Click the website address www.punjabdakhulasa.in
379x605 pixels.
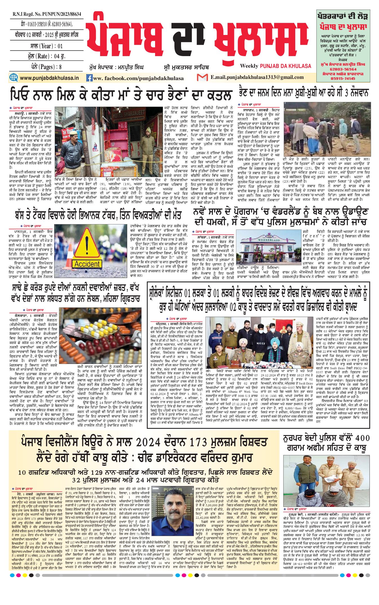pos(49,78)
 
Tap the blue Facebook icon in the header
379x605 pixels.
pos(89,78)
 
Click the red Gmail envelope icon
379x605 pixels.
pos(202,77)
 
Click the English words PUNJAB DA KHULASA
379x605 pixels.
pos(285,66)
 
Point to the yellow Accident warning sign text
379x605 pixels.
pos(87,264)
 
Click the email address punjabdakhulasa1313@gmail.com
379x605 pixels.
pos(257,77)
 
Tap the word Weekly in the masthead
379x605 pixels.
pos(249,66)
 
